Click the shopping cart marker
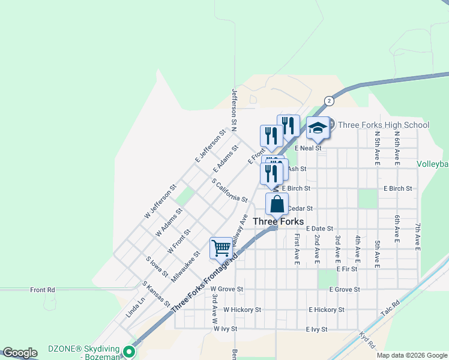tap(221, 247)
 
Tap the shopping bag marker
tap(276, 205)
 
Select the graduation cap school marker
tap(318, 128)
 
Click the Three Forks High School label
tap(384, 125)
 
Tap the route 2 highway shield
tap(329, 101)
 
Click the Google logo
tap(20, 353)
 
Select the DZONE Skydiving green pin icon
tap(128, 352)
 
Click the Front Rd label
tap(43, 290)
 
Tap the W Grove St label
tap(226, 289)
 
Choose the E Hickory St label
tap(327, 310)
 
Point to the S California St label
tap(230, 190)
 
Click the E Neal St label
tap(308, 148)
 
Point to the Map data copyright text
tap(411, 355)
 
